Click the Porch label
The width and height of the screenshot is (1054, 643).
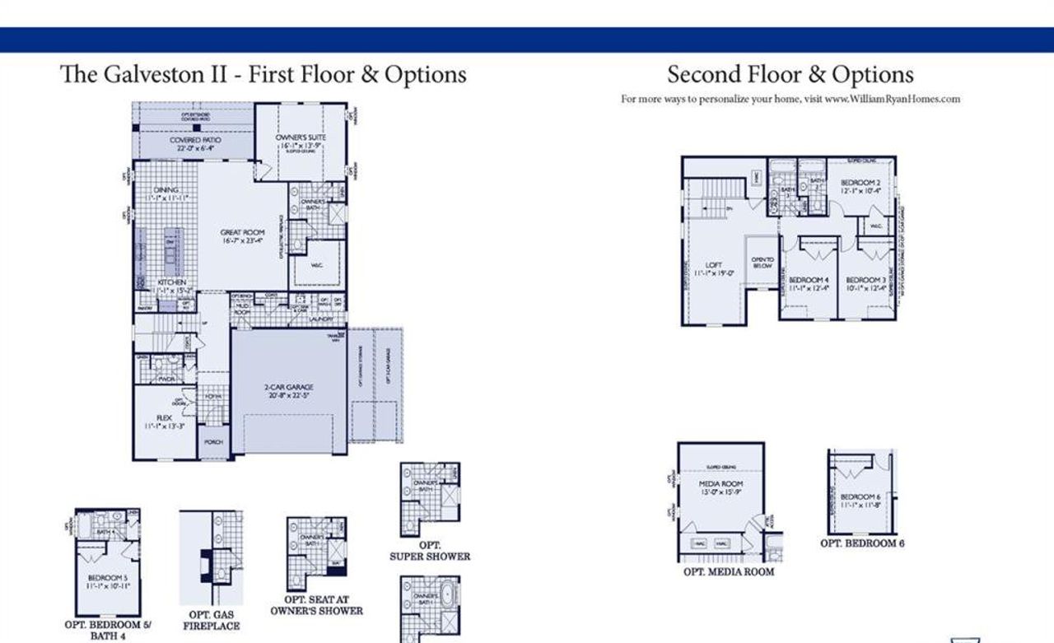tap(212, 442)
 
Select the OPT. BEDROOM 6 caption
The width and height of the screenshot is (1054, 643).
tap(862, 543)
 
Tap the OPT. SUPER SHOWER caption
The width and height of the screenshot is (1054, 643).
tap(429, 551)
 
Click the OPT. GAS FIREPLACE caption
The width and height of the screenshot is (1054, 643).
tap(211, 620)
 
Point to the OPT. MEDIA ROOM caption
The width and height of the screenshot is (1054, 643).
tap(729, 571)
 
